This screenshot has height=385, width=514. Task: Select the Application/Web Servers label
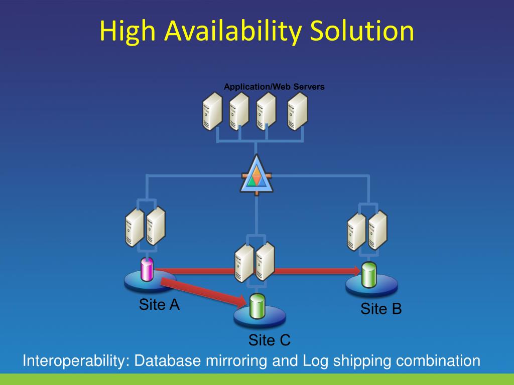[x=274, y=87]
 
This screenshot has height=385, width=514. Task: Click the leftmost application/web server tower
[x=212, y=112]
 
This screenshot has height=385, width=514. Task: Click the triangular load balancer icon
[x=256, y=175]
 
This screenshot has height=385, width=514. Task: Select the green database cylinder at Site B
[x=369, y=275]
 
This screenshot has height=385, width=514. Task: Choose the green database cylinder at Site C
[x=258, y=306]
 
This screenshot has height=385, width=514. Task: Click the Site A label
[x=159, y=305]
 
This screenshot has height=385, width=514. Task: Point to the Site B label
[x=381, y=309]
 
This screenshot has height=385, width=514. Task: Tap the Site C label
[x=270, y=341]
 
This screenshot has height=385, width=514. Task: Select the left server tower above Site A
[x=135, y=227]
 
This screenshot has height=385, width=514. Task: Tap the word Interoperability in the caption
[x=75, y=361]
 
